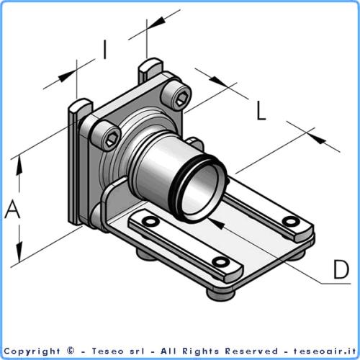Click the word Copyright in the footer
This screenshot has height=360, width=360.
34,351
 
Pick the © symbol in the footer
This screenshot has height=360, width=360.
70,351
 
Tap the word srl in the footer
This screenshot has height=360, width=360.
135,351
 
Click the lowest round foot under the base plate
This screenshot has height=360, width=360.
214,291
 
